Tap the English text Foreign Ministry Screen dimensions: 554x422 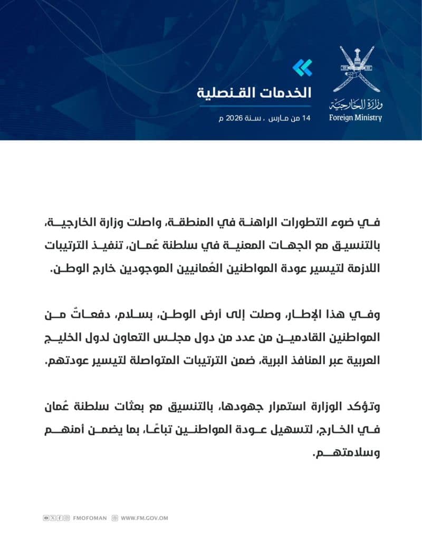[355, 118]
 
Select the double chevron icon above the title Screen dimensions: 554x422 [302, 67]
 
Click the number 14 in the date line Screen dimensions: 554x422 [306, 118]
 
